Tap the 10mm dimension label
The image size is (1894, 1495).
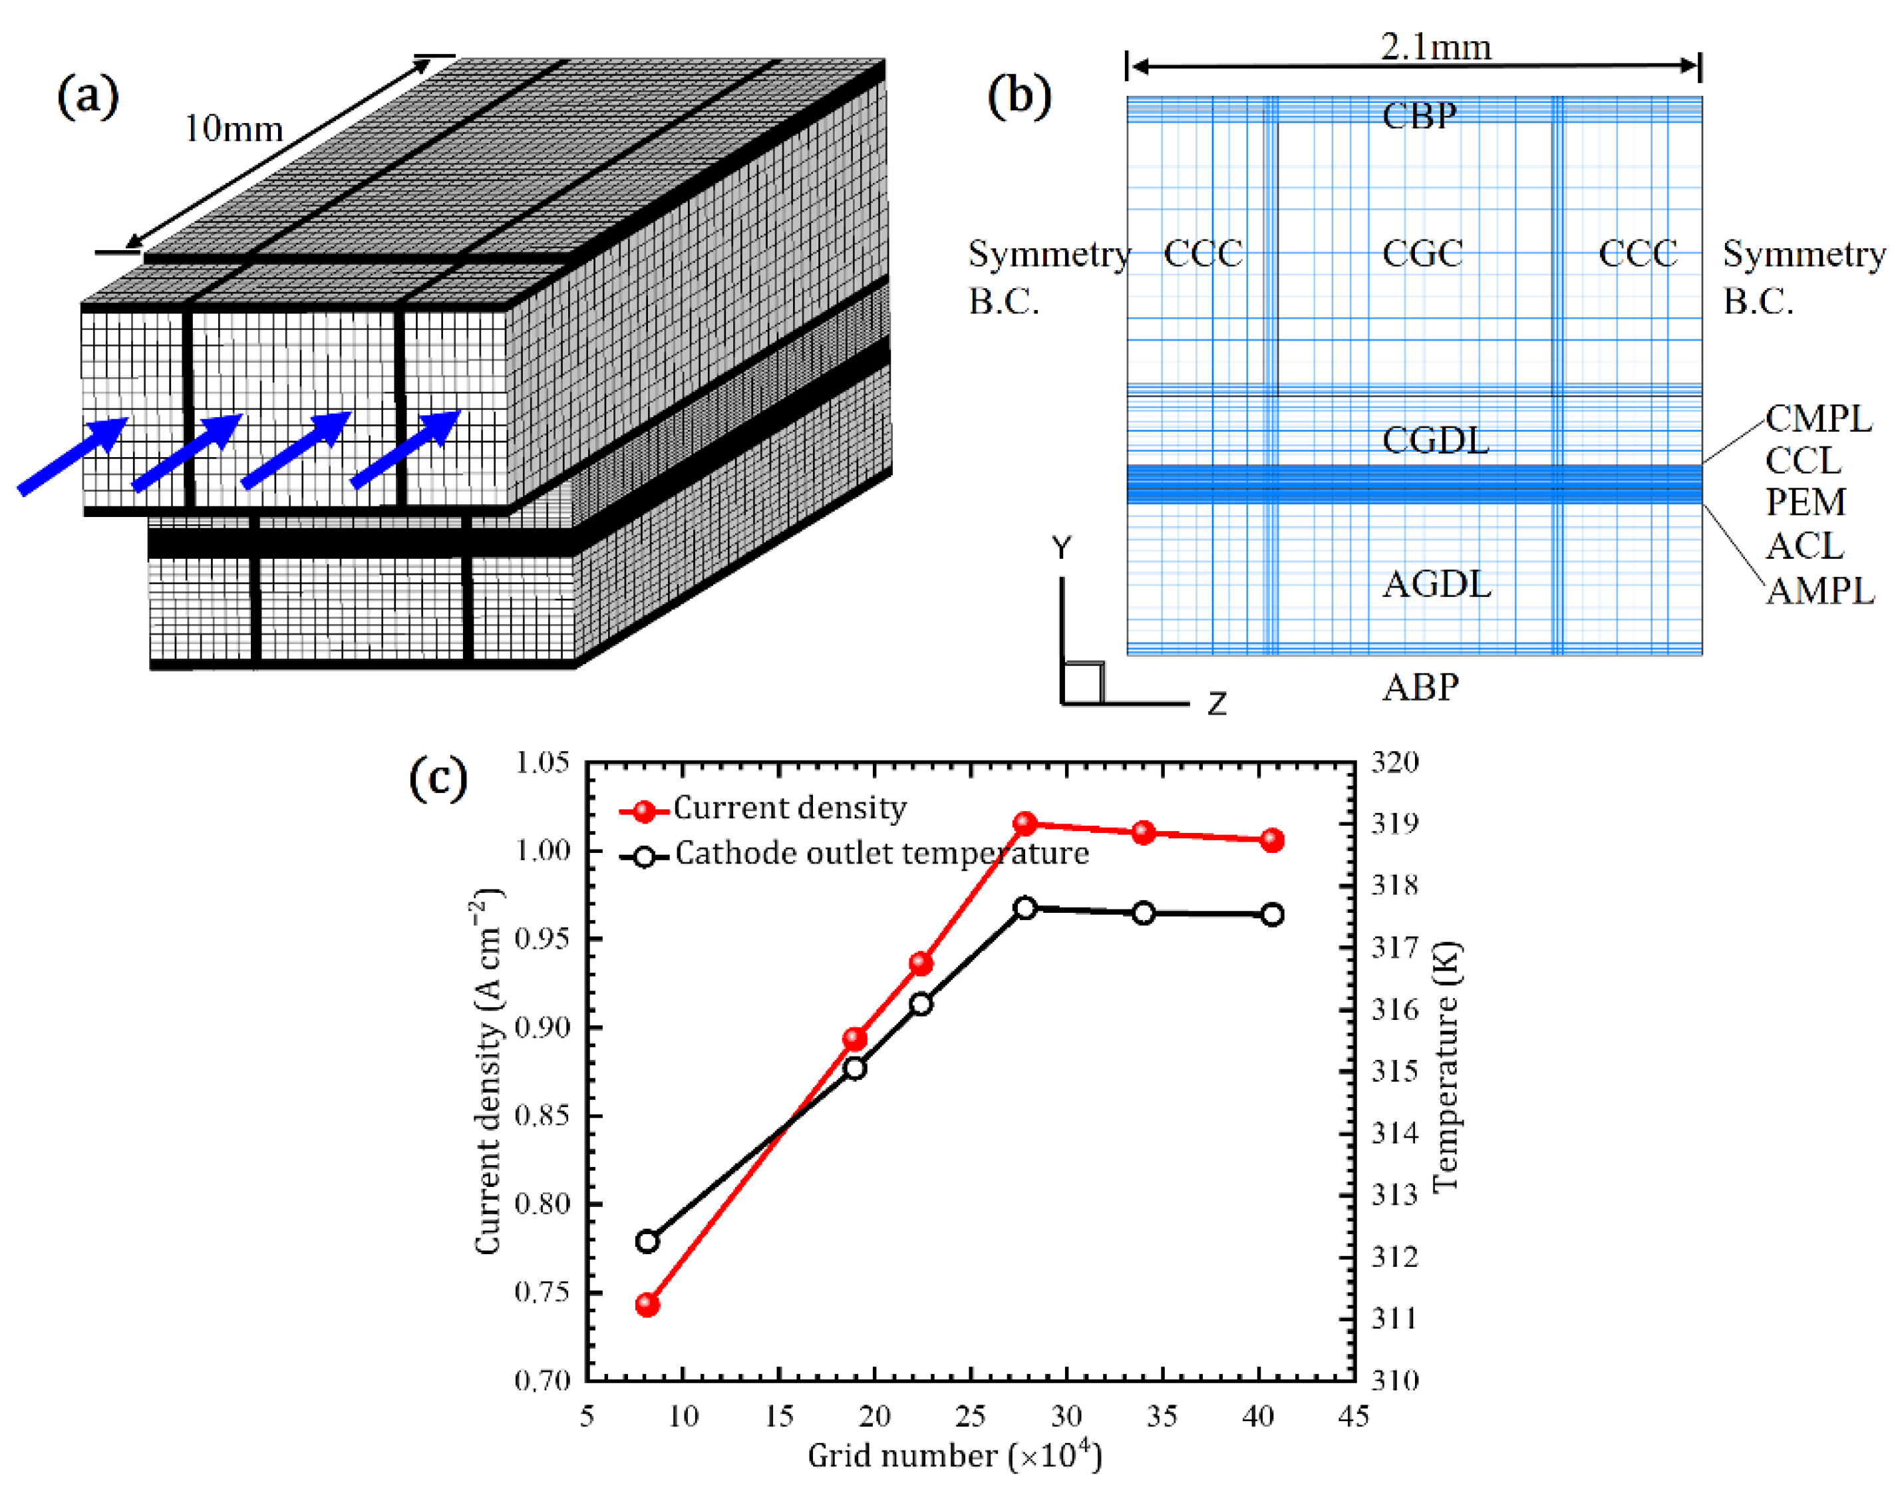pos(234,130)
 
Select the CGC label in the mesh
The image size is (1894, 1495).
pos(1422,254)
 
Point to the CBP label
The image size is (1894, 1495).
pos(1420,116)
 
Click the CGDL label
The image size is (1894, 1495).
pos(1436,440)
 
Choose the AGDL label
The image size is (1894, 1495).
pos(1436,583)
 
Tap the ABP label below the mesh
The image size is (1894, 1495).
pos(1420,687)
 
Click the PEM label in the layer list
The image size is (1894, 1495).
pos(1806,502)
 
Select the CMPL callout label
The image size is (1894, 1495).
pos(1819,418)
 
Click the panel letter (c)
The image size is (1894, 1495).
pos(438,777)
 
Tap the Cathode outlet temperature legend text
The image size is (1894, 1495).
pos(882,854)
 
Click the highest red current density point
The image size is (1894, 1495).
pos(1026,824)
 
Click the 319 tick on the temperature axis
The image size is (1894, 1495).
pos(1393,824)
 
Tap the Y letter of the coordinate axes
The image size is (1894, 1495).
pos(1062,549)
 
